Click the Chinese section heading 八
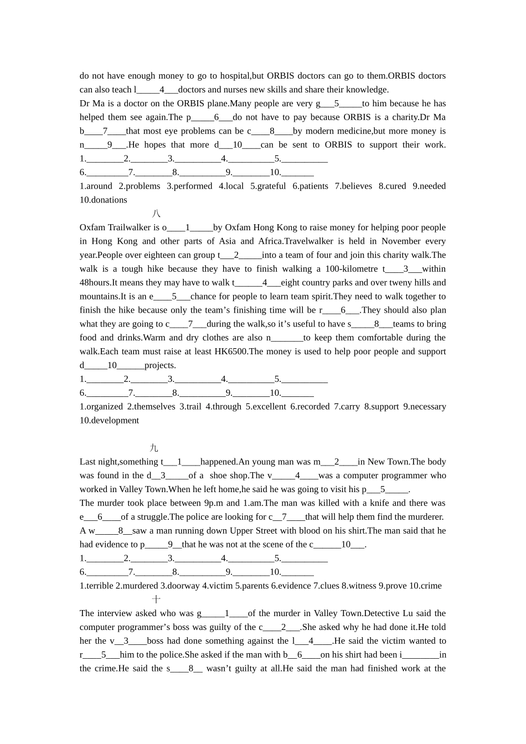tap(156, 214)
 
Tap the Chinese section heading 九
tap(154, 448)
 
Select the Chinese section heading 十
tap(156, 600)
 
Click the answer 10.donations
tap(104, 200)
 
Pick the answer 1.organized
tap(101, 406)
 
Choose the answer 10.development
tap(110, 420)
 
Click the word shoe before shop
tap(219, 476)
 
